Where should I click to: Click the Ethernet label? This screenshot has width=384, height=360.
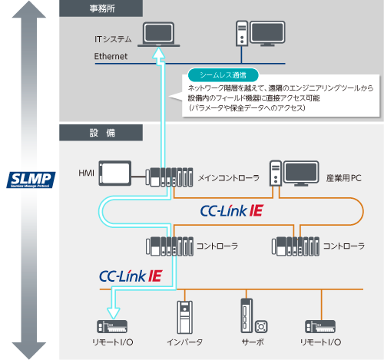111,57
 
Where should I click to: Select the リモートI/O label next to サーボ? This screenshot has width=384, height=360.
323,342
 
